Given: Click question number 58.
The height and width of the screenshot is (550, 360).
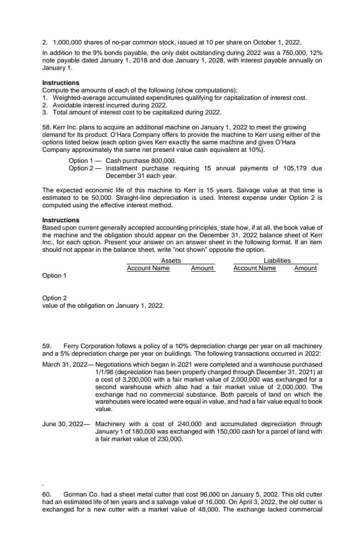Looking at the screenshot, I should tap(47, 127).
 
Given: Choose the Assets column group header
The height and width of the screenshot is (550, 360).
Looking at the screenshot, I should tap(171, 260).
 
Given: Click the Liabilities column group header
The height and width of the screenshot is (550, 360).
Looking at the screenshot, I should tap(277, 260).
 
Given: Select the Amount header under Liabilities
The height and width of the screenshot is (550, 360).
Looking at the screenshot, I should tap(305, 268).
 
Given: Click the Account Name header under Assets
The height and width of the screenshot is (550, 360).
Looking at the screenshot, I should tap(148, 268).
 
